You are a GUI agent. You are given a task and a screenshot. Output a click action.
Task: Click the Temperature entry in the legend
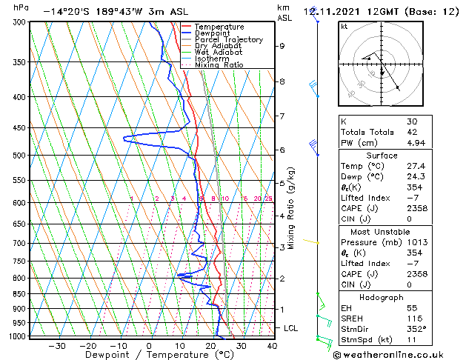(219, 27)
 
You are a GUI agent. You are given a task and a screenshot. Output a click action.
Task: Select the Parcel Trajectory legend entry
(228, 39)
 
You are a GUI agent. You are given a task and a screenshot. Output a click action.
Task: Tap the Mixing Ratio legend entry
(219, 65)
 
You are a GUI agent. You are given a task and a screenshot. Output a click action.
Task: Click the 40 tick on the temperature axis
(272, 346)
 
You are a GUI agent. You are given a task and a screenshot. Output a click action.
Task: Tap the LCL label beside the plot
(291, 327)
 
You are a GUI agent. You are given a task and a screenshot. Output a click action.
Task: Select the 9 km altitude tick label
(282, 46)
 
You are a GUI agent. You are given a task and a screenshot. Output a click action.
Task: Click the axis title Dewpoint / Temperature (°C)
(148, 356)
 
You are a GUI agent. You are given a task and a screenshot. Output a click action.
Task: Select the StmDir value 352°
(416, 329)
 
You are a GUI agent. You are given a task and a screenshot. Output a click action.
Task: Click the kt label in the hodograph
(344, 26)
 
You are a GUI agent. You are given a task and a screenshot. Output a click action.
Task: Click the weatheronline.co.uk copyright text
(397, 354)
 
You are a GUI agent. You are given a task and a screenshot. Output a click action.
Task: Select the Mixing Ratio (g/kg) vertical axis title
(292, 208)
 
